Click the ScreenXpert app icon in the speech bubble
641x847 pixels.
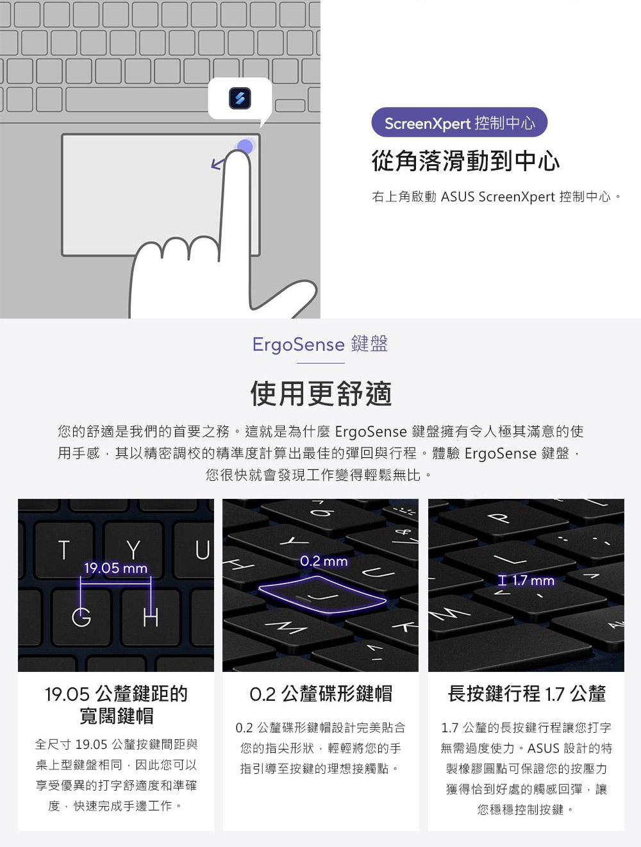(240, 98)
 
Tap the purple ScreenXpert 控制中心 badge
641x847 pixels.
(459, 122)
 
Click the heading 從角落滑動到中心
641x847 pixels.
(465, 161)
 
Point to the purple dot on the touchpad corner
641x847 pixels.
(246, 147)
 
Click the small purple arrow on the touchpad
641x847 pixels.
(217, 164)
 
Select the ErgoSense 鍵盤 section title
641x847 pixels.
(320, 344)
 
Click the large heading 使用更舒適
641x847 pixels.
(321, 394)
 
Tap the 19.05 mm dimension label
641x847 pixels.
(116, 567)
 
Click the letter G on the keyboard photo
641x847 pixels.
(81, 617)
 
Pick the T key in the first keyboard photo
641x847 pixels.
(63, 549)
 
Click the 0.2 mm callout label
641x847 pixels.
(324, 561)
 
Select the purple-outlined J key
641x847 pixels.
(322, 594)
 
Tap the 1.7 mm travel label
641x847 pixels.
(526, 580)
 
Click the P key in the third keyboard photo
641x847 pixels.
(501, 517)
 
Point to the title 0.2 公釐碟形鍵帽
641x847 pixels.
(321, 694)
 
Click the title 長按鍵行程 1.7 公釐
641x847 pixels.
(526, 693)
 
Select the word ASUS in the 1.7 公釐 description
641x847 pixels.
(542, 748)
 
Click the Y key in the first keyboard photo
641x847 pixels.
(133, 549)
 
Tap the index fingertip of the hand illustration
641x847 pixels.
(237, 158)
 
